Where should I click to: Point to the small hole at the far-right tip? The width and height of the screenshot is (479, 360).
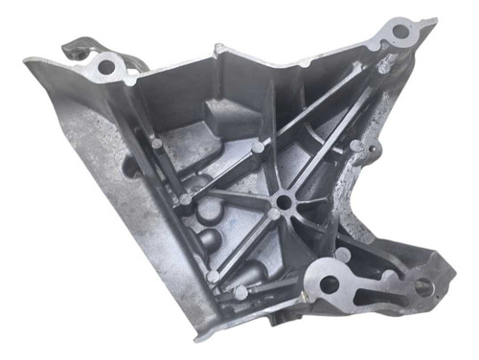tap(422, 286)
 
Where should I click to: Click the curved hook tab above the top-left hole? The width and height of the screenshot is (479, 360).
tap(75, 44)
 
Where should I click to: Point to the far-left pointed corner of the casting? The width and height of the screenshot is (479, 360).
tap(25, 62)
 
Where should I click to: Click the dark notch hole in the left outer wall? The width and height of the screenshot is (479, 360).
tap(127, 178)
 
